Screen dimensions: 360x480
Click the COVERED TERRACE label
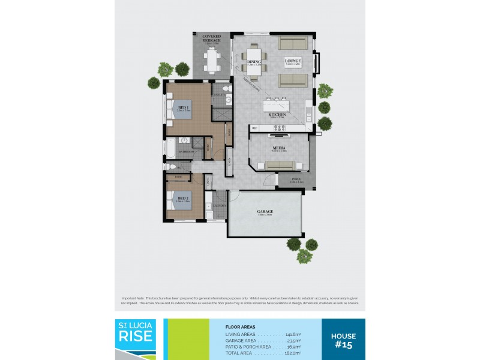[211, 38]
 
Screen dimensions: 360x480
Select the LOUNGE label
[292, 62]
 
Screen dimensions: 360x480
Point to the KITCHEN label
[277, 115]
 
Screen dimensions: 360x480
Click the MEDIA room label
[278, 148]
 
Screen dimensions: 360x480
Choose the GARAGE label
[265, 212]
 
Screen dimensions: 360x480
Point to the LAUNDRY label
[218, 206]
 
